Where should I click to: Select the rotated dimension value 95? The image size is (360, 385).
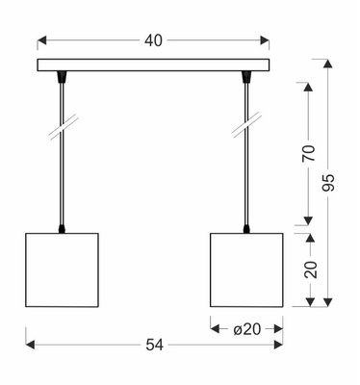330,183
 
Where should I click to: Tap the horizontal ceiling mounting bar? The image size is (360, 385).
154,66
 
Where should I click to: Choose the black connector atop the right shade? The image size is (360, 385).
246,228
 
